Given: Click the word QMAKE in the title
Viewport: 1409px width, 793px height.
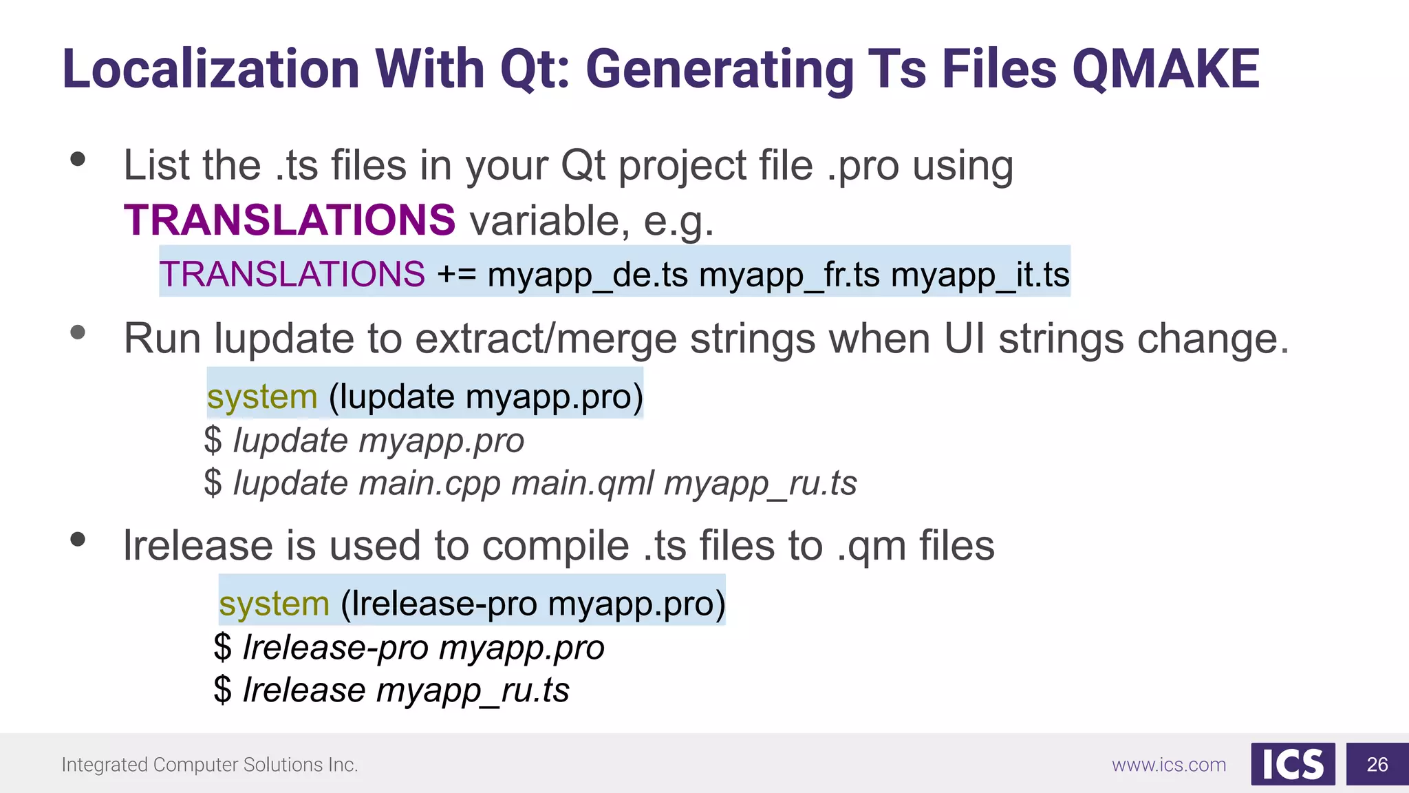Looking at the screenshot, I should pos(1165,70).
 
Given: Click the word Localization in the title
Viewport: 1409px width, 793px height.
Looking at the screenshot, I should pos(211,70).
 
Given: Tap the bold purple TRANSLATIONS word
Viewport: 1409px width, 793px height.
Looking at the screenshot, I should pos(290,220).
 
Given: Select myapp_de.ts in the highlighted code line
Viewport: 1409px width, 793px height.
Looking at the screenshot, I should pos(588,275).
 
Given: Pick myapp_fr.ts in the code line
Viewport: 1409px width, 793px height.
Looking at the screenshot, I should pos(789,275).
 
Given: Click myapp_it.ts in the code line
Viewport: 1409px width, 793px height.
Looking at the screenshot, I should pos(980,275).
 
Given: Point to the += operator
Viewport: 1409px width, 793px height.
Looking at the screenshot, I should pos(456,275).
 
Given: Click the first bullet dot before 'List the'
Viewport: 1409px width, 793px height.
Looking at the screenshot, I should pos(78,160).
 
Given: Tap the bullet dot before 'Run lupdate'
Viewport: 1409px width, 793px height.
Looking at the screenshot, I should pos(78,333).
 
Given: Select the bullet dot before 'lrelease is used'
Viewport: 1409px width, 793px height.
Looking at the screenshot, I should pos(78,540).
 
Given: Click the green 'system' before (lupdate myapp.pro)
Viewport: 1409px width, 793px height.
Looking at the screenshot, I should pos(262,397).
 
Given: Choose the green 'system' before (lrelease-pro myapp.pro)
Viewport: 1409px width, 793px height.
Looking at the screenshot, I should pos(274,604).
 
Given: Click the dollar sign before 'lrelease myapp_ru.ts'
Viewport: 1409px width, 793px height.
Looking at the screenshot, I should pos(222,690).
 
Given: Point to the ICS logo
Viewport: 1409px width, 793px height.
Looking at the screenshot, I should pos(1293,764).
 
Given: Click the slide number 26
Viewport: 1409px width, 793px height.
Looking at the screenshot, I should pos(1377,764).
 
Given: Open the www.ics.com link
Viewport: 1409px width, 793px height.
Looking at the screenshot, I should pos(1169,765).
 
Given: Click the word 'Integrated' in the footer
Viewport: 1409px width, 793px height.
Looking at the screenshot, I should pos(105,765).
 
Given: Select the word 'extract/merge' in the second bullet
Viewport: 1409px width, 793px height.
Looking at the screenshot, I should pos(546,339).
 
